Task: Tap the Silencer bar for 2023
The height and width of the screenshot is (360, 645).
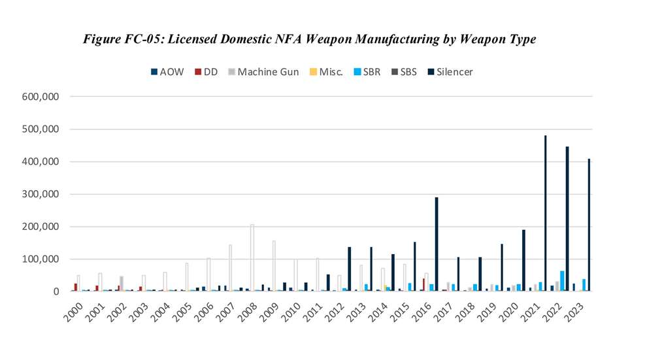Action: pos(589,225)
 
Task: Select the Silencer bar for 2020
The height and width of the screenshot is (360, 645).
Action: pos(523,261)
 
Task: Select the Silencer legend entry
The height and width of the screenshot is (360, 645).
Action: pos(451,72)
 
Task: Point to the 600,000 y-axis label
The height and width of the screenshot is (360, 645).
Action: pos(41,97)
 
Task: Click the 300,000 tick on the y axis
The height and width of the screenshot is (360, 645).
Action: pos(41,194)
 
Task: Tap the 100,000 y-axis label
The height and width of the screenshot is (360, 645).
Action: pos(41,259)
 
